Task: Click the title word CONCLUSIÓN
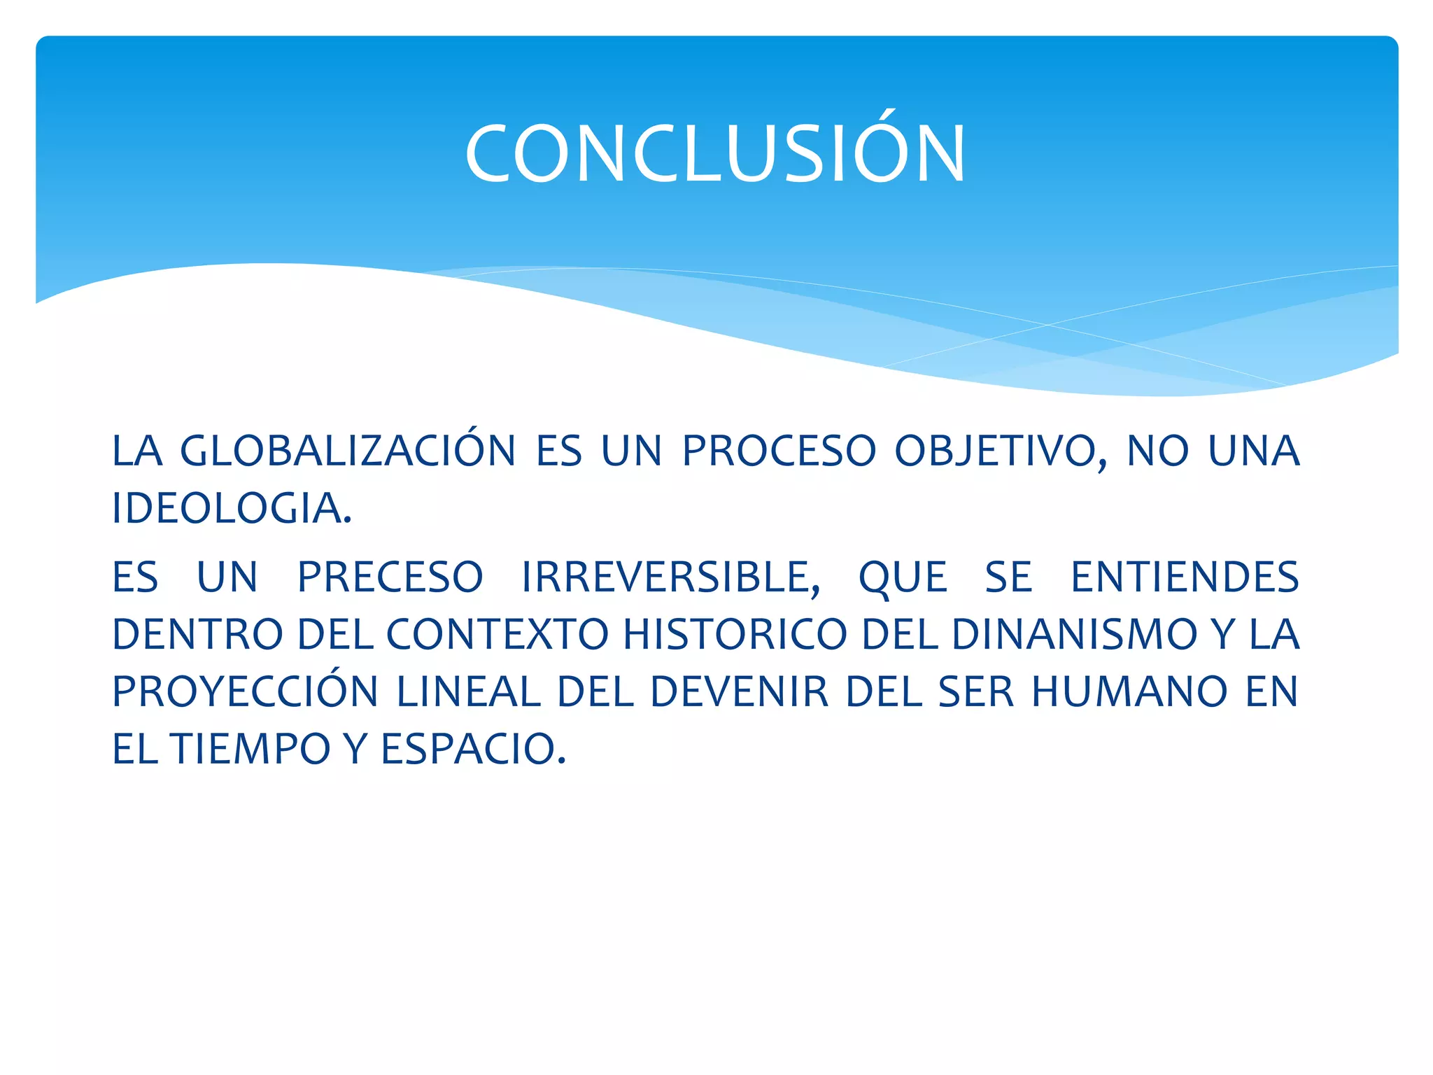coord(715,154)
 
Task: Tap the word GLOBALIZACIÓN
coord(348,451)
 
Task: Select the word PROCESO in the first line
coord(778,451)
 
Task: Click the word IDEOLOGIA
coord(231,508)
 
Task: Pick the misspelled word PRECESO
coord(390,577)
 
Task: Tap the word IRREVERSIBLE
coord(670,577)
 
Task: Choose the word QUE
coord(903,577)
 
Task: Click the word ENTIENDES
coord(1185,577)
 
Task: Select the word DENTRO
coord(197,635)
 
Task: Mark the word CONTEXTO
coord(497,635)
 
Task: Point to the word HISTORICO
coord(735,635)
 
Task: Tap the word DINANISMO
coord(1074,635)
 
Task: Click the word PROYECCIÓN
coord(245,692)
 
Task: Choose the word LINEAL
coord(468,692)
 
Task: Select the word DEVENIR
coord(740,692)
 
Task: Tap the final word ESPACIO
coord(472,749)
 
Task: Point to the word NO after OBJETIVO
coord(1157,451)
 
